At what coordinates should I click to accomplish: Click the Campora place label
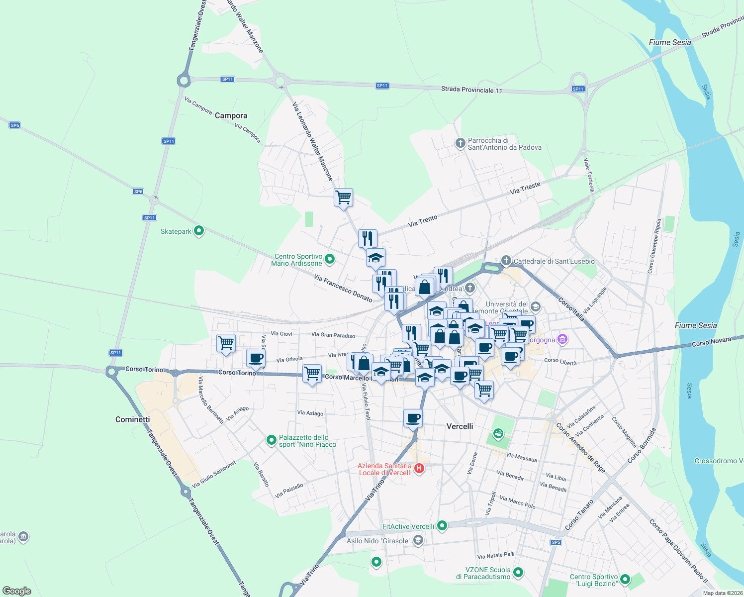pyautogui.click(x=231, y=115)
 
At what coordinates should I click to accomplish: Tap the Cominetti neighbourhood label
pyautogui.click(x=132, y=419)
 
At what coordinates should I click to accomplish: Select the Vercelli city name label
pyautogui.click(x=460, y=426)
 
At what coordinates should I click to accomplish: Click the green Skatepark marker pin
pyautogui.click(x=199, y=231)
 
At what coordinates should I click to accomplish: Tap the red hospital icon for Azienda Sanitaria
pyautogui.click(x=419, y=468)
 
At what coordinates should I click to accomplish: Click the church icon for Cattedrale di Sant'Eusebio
pyautogui.click(x=506, y=260)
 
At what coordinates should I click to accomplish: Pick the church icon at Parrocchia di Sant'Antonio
pyautogui.click(x=460, y=143)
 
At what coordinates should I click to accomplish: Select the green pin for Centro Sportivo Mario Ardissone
pyautogui.click(x=329, y=259)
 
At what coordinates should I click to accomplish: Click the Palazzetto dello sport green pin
pyautogui.click(x=271, y=440)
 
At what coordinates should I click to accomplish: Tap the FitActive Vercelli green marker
pyautogui.click(x=442, y=526)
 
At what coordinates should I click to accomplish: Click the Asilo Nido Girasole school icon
pyautogui.click(x=418, y=540)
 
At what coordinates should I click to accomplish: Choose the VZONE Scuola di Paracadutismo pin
pyautogui.click(x=518, y=573)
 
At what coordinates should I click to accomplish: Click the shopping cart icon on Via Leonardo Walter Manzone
pyautogui.click(x=343, y=198)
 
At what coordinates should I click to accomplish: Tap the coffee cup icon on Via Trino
pyautogui.click(x=412, y=418)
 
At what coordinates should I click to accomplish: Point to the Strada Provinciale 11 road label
pyautogui.click(x=471, y=90)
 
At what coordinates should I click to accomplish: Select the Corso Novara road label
pyautogui.click(x=711, y=342)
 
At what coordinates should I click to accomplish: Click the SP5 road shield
pyautogui.click(x=556, y=542)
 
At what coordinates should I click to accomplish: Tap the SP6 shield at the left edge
pyautogui.click(x=15, y=125)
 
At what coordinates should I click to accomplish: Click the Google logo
pyautogui.click(x=17, y=591)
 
